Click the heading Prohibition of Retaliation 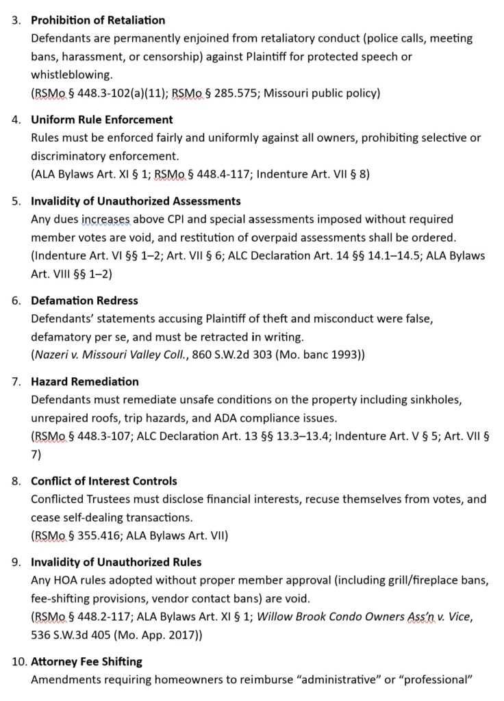98,21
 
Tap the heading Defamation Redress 84,301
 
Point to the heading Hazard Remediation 85,381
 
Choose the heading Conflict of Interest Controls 104,481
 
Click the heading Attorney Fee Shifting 87,662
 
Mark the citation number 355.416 92,535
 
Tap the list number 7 17,381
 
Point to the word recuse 312,500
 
